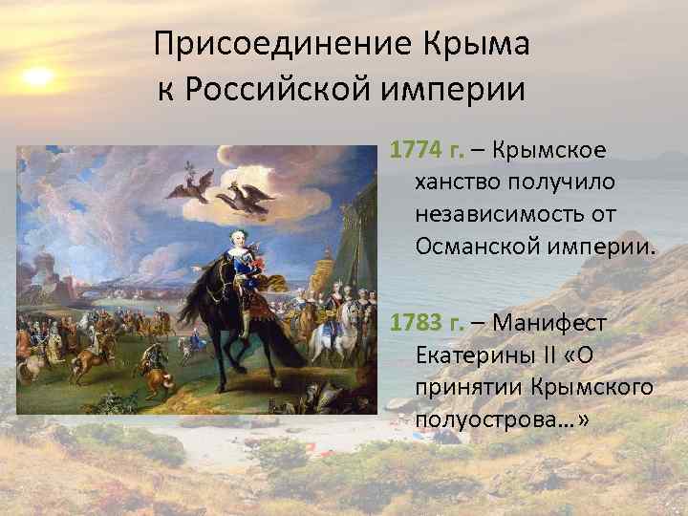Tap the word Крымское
coord(552,151)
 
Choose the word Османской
coord(477,247)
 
